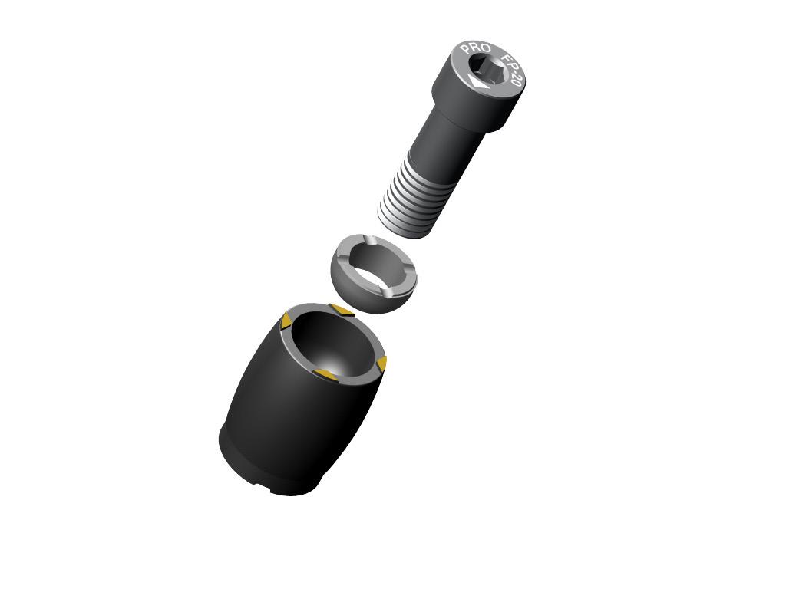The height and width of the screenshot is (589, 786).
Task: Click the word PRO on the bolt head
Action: coord(475,48)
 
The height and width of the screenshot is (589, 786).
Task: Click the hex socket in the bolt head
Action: coord(489,70)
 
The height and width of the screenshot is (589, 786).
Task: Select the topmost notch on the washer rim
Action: coord(369,240)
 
